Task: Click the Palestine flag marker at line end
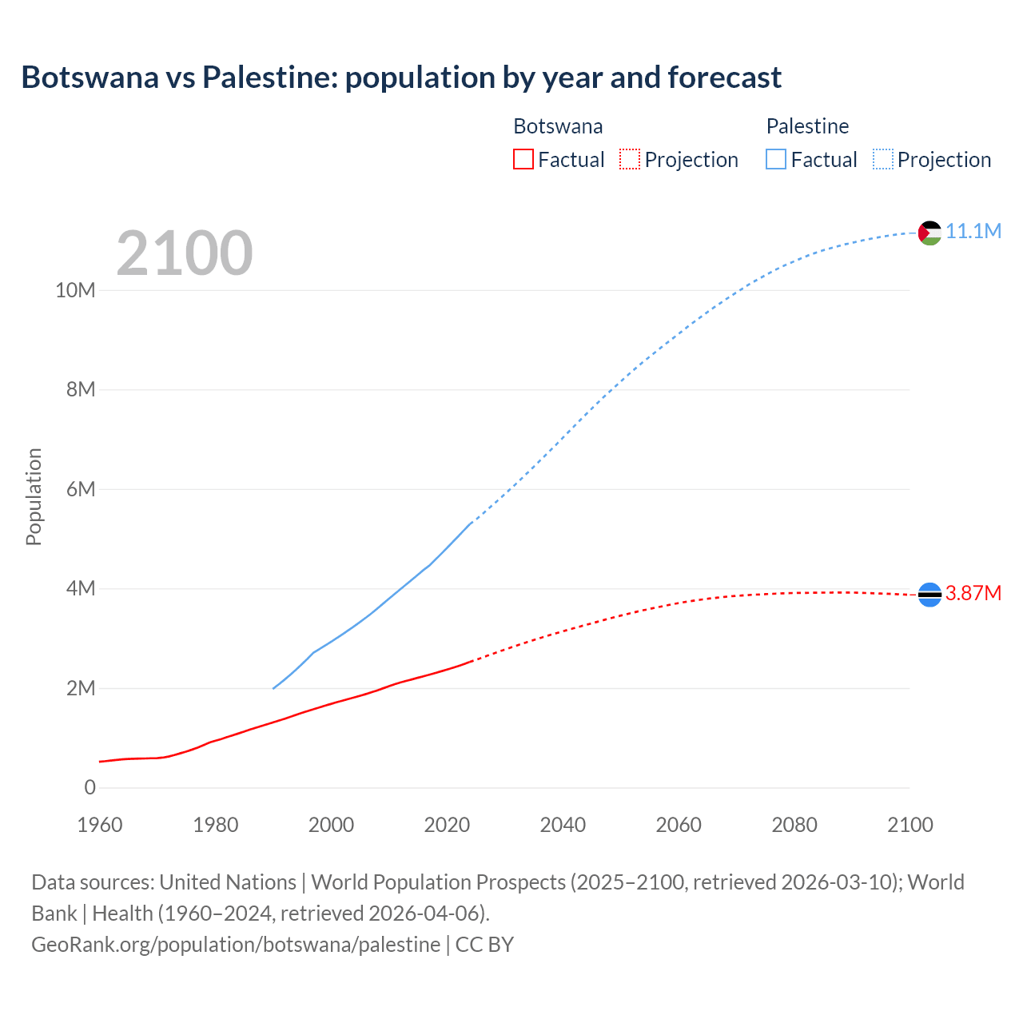[929, 233]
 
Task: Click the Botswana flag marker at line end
[929, 594]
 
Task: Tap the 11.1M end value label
[973, 231]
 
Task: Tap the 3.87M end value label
[973, 593]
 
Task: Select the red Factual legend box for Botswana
[523, 159]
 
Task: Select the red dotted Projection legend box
[630, 159]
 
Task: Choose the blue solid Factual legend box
[776, 159]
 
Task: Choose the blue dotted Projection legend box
[883, 159]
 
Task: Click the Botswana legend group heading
[558, 126]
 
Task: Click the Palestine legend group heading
[807, 126]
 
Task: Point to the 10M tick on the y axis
[75, 290]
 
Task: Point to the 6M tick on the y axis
[81, 489]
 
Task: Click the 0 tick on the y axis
[90, 787]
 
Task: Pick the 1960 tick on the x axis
[100, 825]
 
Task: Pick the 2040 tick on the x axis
[563, 825]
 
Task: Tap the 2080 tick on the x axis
[794, 825]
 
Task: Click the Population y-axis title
[34, 496]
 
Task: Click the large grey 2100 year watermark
[185, 253]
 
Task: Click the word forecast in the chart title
[724, 78]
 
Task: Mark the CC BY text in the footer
[484, 944]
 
